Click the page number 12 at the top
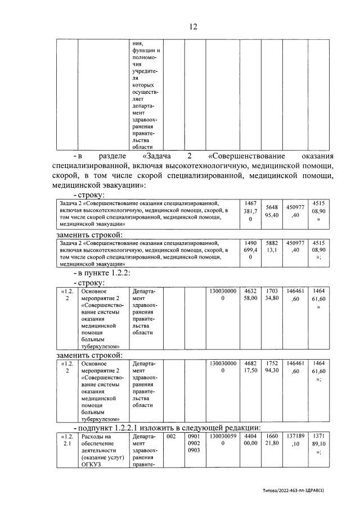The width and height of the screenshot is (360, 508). coord(193,26)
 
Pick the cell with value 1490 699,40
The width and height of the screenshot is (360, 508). coord(250,250)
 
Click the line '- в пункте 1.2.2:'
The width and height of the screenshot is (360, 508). coord(101,273)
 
